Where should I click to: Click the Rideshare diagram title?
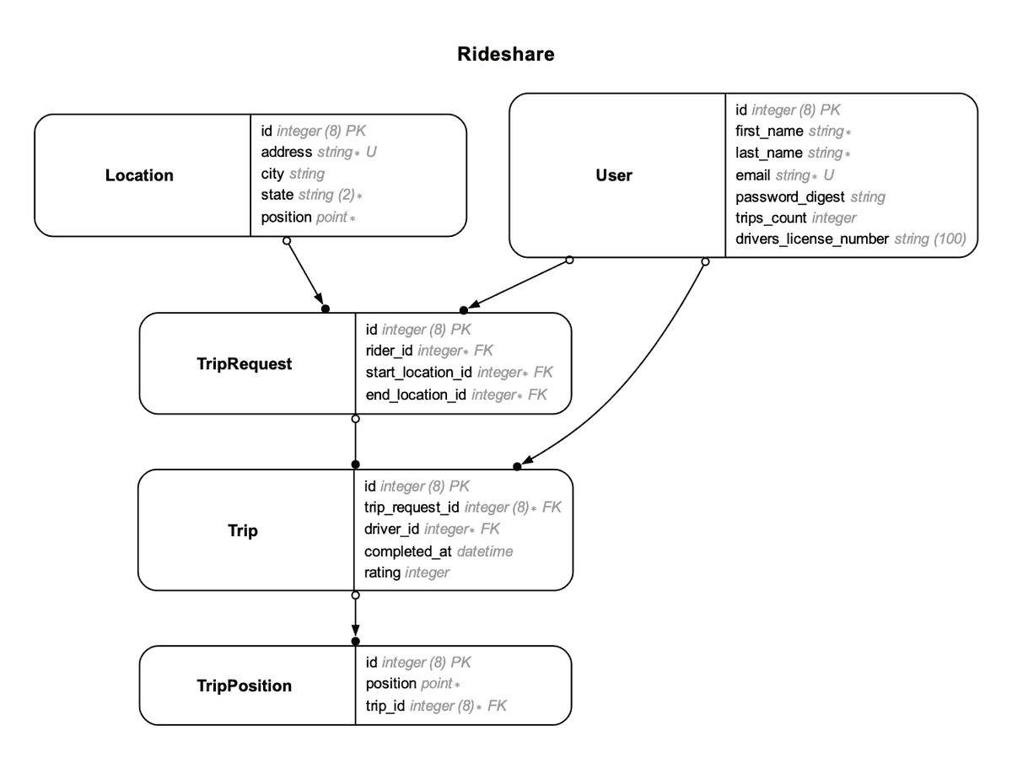(x=505, y=55)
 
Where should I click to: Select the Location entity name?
(x=139, y=175)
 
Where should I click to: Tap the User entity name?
(x=614, y=175)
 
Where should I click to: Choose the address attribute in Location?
(x=287, y=153)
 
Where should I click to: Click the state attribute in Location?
(x=278, y=195)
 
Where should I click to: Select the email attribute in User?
(x=754, y=175)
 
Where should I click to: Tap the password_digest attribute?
(x=789, y=197)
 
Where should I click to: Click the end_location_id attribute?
(x=416, y=395)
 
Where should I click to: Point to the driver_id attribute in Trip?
(x=392, y=529)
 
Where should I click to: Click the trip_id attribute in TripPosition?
(x=385, y=707)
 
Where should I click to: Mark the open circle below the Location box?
(x=287, y=240)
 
